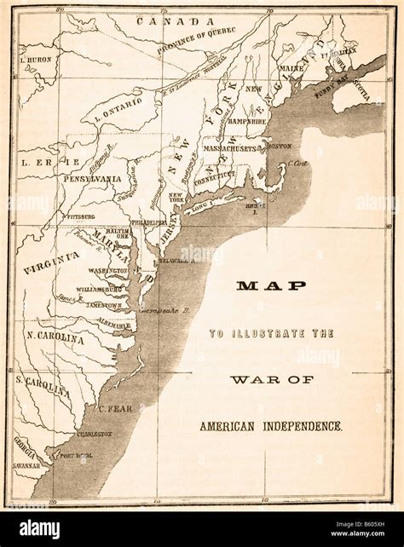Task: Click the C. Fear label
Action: pos(112,408)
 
